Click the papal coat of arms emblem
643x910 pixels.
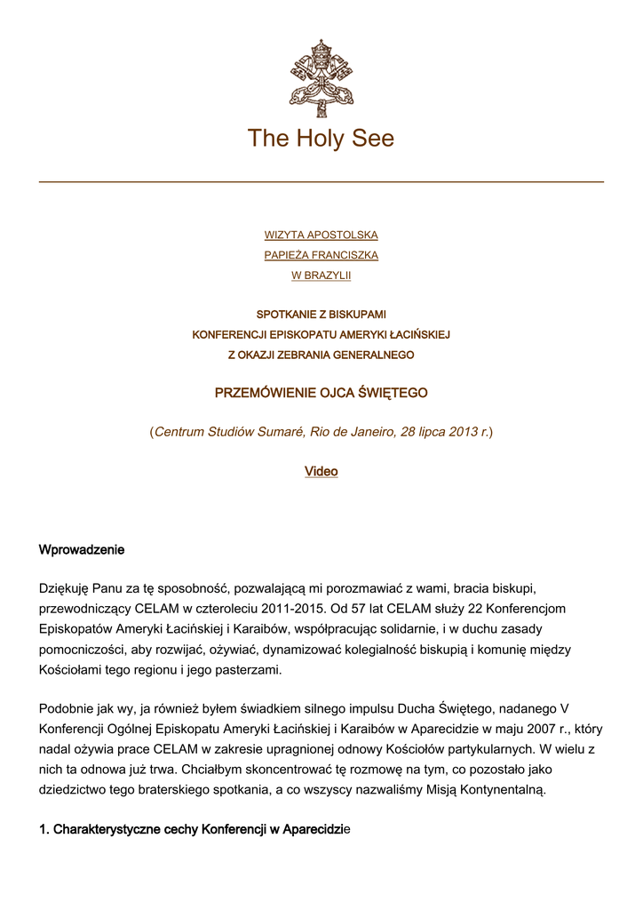point(321,77)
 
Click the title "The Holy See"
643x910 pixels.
point(321,139)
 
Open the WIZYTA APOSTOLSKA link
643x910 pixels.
point(321,235)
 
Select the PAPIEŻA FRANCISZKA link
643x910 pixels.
point(321,255)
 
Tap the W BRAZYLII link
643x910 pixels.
point(321,275)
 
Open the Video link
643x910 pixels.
point(321,471)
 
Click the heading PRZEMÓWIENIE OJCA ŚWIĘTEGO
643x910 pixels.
point(321,392)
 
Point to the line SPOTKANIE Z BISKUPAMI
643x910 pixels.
point(321,315)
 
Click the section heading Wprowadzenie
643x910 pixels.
point(82,549)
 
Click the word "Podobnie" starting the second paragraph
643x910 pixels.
point(67,708)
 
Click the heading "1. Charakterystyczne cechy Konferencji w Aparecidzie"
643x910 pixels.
point(194,829)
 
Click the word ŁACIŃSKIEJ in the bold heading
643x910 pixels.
point(422,335)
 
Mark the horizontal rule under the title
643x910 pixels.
point(321,182)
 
